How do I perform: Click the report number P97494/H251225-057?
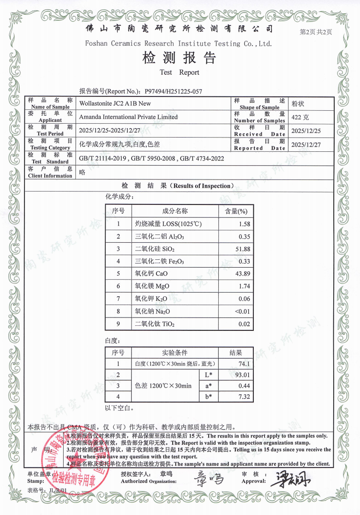[173, 92]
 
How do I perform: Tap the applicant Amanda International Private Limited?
[128, 117]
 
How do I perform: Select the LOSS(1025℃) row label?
[168, 224]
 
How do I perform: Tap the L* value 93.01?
[242, 375]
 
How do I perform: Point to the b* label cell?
[209, 396]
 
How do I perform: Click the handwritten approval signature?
[293, 479]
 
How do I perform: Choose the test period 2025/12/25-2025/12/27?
[115, 130]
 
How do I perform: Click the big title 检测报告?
[180, 58]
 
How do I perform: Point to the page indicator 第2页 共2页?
[316, 32]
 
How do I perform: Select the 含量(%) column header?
[236, 211]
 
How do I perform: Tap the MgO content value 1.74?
[243, 286]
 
